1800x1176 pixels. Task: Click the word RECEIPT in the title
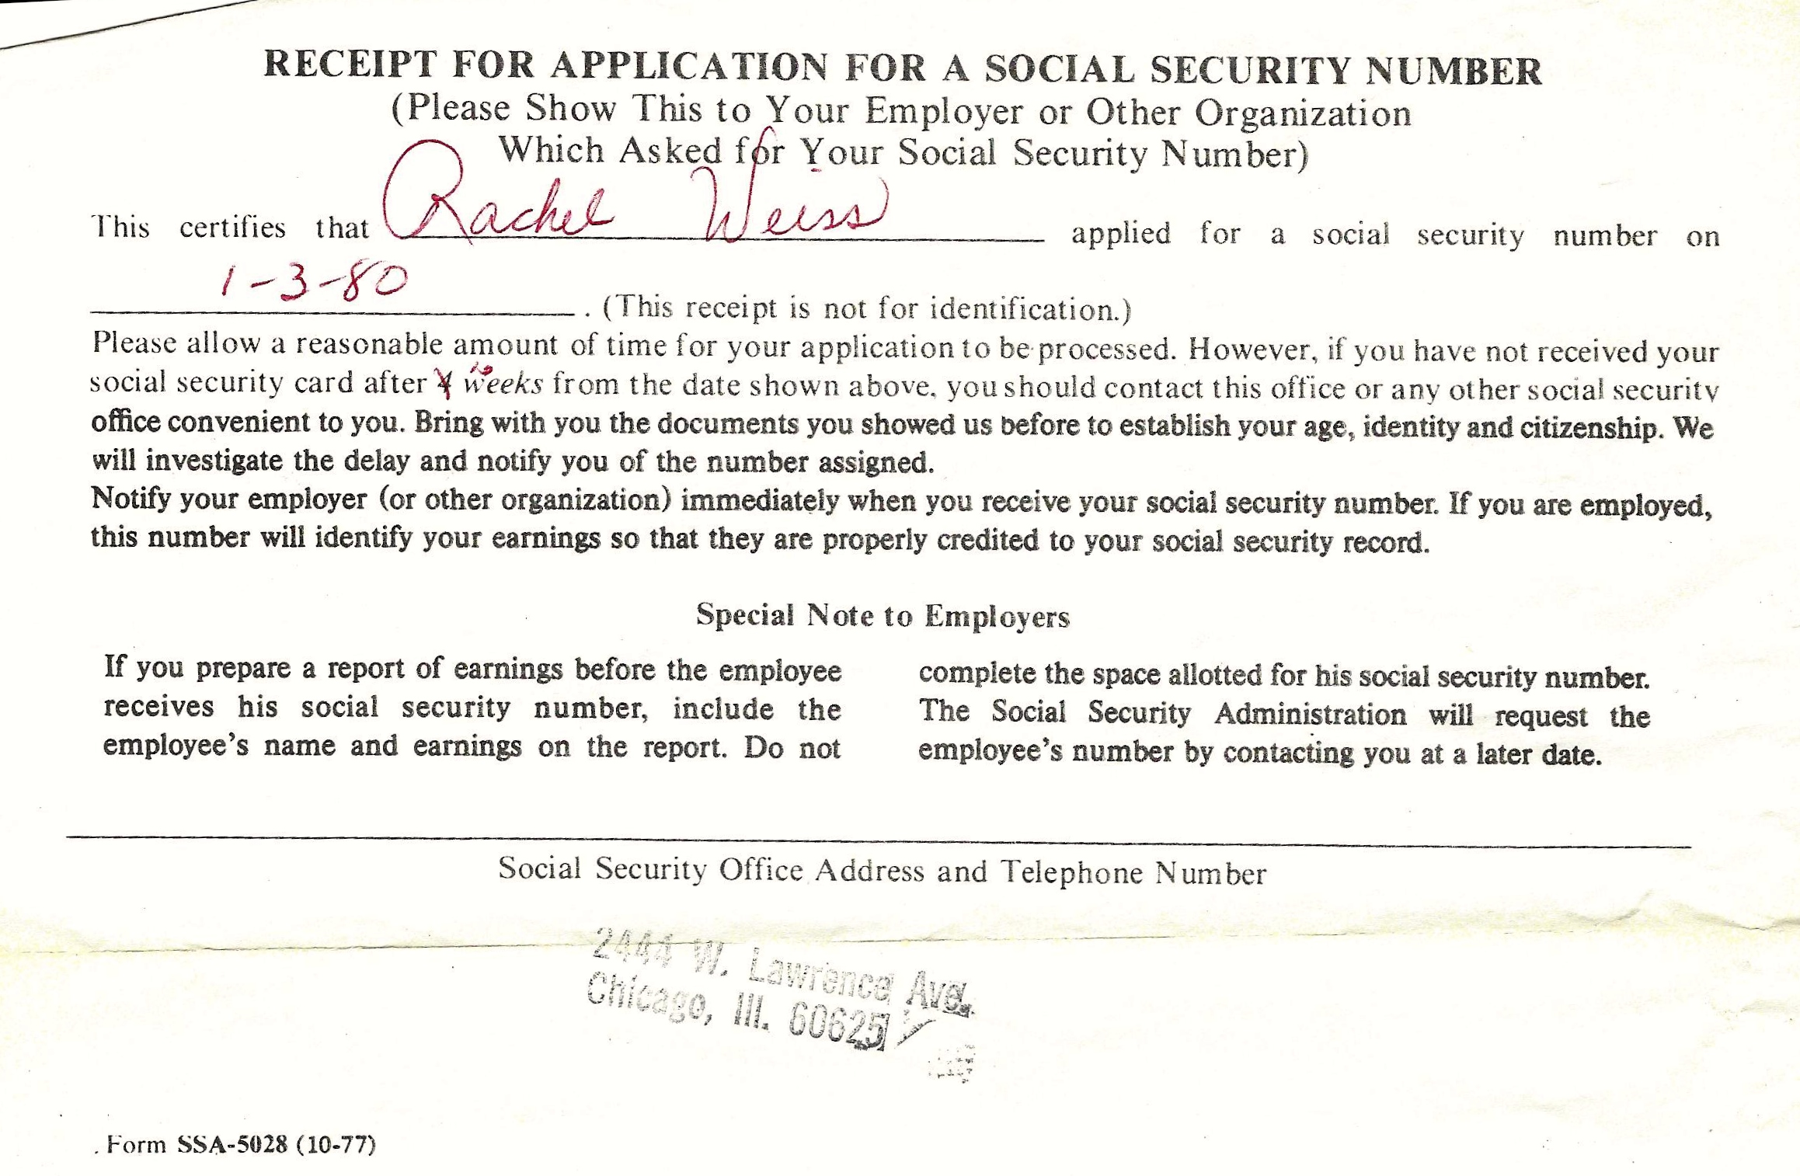349,64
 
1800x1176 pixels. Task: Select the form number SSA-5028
232,1144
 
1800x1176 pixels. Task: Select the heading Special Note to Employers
883,616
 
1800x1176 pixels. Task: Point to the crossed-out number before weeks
445,382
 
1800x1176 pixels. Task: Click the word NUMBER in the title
1454,71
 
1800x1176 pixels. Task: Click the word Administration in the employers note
1310,713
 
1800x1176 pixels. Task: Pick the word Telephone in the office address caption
1071,872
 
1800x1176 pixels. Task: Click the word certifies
232,228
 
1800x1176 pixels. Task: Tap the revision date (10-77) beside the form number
336,1144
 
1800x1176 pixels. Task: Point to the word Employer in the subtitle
944,112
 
